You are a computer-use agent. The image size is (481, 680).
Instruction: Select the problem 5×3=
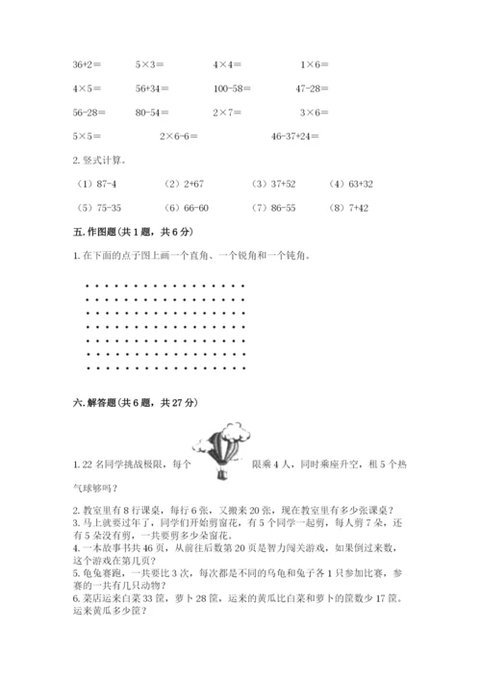pyautogui.click(x=150, y=64)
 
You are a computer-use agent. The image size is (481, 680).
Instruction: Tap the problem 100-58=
pyautogui.click(x=233, y=88)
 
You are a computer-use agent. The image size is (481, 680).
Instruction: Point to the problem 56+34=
pyautogui.click(x=152, y=88)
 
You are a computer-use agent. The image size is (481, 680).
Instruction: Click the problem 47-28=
pyautogui.click(x=315, y=88)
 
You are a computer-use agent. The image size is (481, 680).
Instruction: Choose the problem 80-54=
pyautogui.click(x=151, y=113)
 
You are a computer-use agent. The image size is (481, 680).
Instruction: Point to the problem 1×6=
pyautogui.click(x=315, y=64)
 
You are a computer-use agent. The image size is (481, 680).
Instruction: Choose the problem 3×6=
pyautogui.click(x=315, y=113)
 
